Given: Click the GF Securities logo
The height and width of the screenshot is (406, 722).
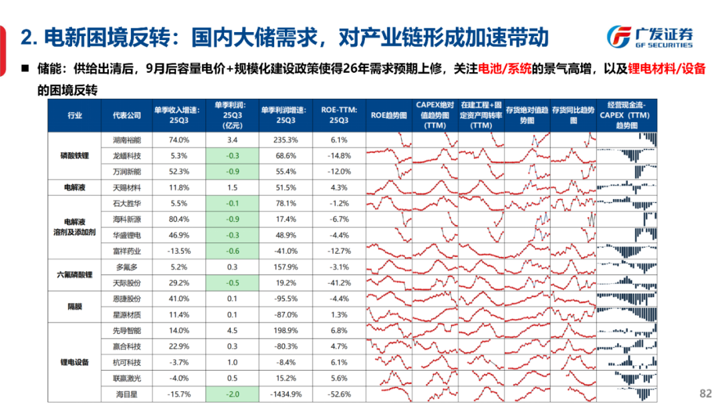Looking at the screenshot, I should coord(649,37).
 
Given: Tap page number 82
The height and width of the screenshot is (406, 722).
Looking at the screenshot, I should coord(705,393).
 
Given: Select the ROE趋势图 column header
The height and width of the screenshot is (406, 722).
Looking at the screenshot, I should coord(388,116).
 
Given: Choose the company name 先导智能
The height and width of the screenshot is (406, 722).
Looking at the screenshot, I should coord(126,330).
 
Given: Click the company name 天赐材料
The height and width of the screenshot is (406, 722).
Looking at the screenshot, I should coord(126,188).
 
